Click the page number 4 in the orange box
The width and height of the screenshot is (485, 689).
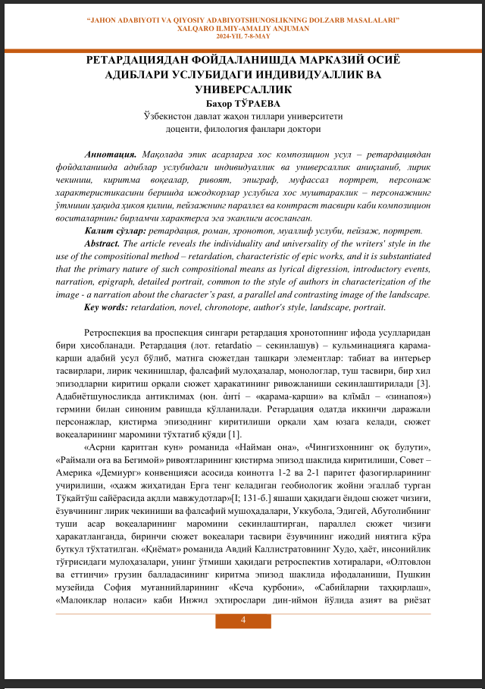coord(243,622)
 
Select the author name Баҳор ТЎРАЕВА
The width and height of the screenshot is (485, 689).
coord(243,104)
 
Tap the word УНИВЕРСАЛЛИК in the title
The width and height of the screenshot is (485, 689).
coord(243,89)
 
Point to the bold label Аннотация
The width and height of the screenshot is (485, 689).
coord(112,153)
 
